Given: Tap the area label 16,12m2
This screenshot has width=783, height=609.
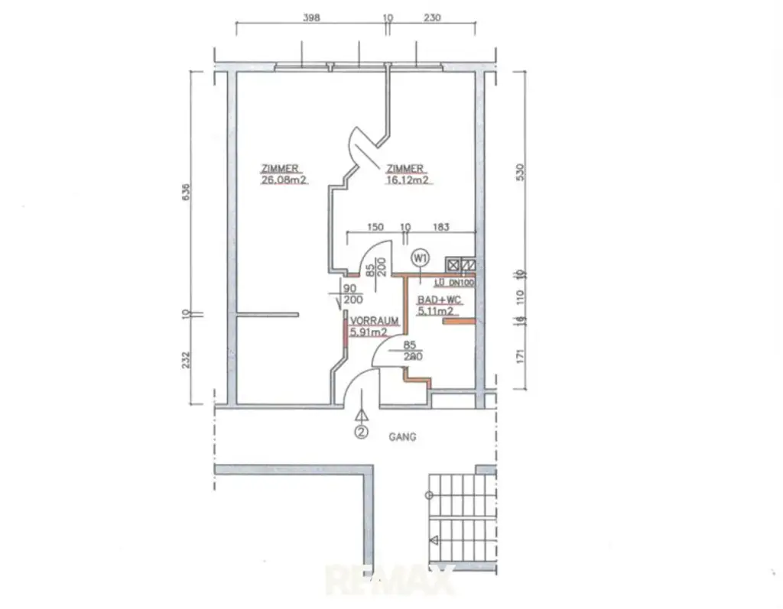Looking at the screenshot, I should tap(407, 181).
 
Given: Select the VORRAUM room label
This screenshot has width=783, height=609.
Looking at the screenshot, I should tap(374, 321).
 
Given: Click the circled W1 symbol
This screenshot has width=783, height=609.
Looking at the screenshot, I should tap(420, 258).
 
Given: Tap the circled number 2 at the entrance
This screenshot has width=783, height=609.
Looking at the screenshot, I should tap(361, 432).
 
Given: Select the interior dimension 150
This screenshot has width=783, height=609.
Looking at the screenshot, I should tap(375, 227).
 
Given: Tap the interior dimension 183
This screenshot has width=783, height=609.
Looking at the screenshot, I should tap(441, 227).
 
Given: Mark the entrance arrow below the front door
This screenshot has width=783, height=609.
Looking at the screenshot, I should tap(361, 415).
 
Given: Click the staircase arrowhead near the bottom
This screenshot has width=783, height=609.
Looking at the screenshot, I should tap(434, 540).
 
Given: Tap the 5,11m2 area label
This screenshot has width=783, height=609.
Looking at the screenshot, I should tap(436, 312).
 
